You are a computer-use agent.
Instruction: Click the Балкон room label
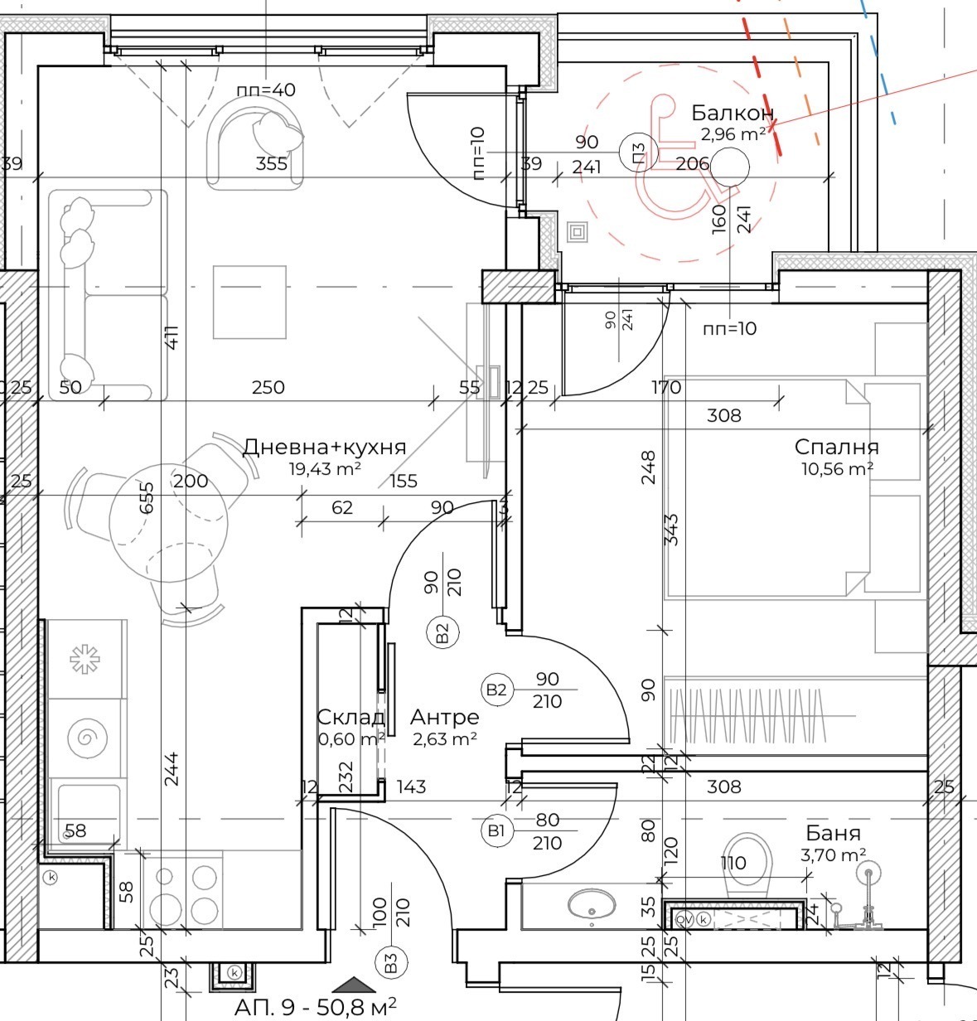tap(732, 113)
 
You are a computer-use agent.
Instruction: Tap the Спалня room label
tap(836, 447)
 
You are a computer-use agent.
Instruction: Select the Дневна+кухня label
tap(324, 447)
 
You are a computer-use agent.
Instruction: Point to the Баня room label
tap(834, 833)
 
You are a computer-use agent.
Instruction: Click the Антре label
tap(444, 716)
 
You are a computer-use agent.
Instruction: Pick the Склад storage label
tap(351, 717)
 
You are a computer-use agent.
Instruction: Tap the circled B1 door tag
tap(496, 830)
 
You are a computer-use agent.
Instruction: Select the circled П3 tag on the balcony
tap(638, 152)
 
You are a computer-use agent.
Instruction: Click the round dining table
tap(168, 523)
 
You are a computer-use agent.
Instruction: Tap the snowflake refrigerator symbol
tap(85, 660)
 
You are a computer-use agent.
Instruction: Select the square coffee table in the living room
tap(249, 302)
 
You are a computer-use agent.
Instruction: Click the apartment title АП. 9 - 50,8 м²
tap(315, 1007)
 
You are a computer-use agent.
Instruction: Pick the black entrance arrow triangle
tap(355, 985)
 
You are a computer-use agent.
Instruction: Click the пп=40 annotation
tap(266, 90)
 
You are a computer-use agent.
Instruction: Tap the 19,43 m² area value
tap(324, 468)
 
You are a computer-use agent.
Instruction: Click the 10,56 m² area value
tap(837, 468)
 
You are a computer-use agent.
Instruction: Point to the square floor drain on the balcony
tap(578, 232)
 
